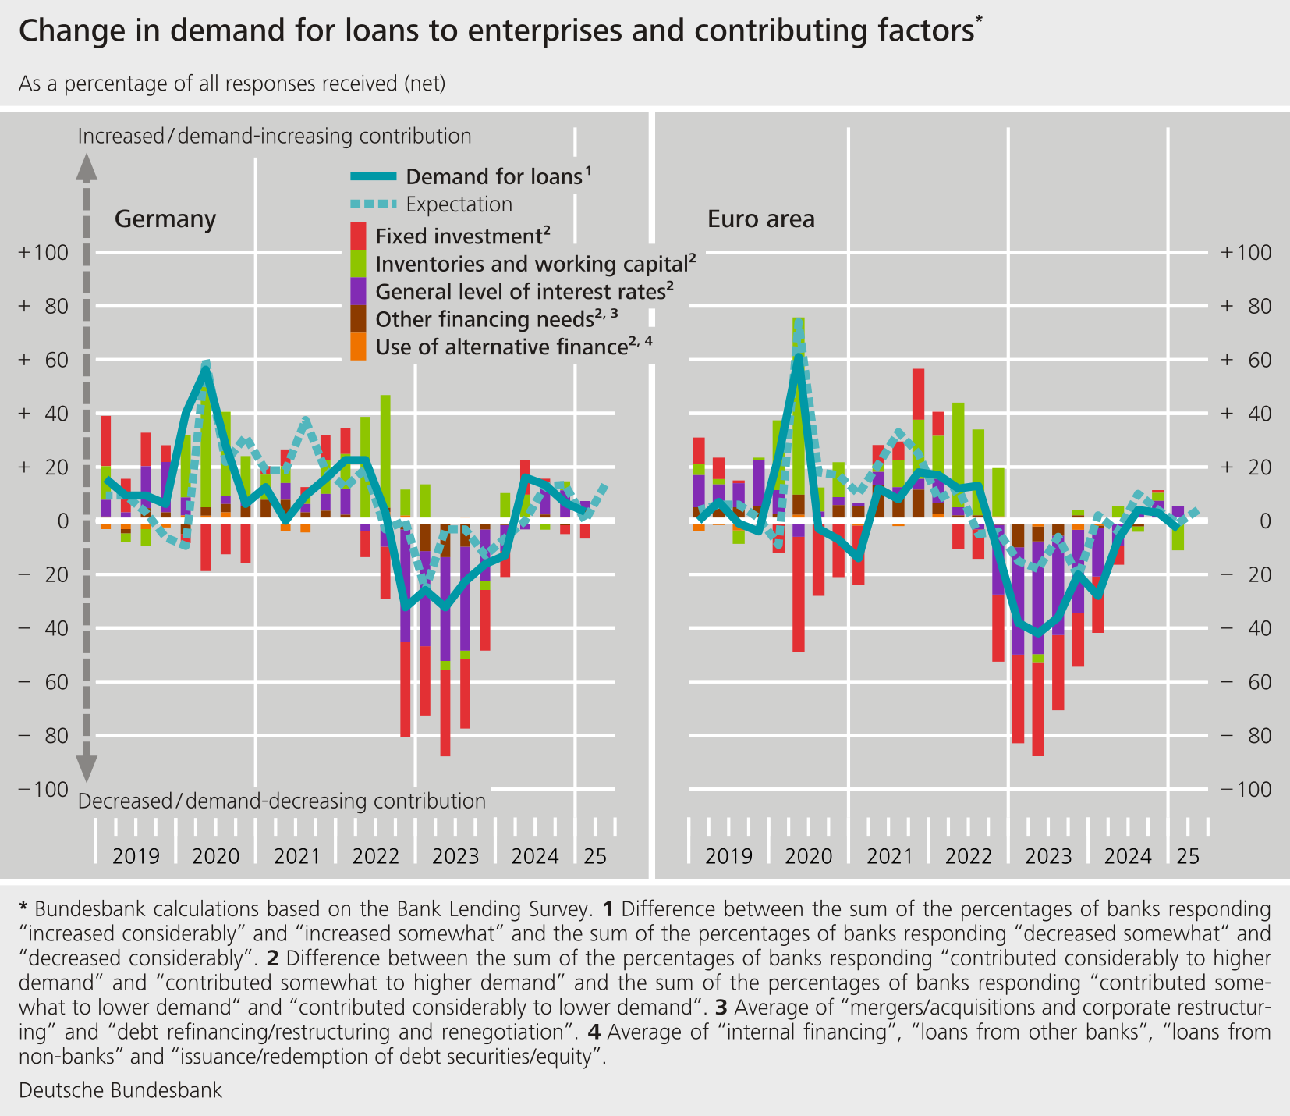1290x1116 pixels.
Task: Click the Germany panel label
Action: coord(165,219)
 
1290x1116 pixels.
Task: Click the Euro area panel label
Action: coord(761,219)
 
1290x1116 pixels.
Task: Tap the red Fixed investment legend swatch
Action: coord(358,236)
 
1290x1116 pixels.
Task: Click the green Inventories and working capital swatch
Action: coord(358,264)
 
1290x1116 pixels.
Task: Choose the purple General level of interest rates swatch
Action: coord(358,291)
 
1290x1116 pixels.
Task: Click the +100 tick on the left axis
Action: coord(45,253)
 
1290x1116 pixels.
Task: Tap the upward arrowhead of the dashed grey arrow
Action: coord(87,165)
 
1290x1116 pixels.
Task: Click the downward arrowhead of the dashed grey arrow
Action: coord(87,768)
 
